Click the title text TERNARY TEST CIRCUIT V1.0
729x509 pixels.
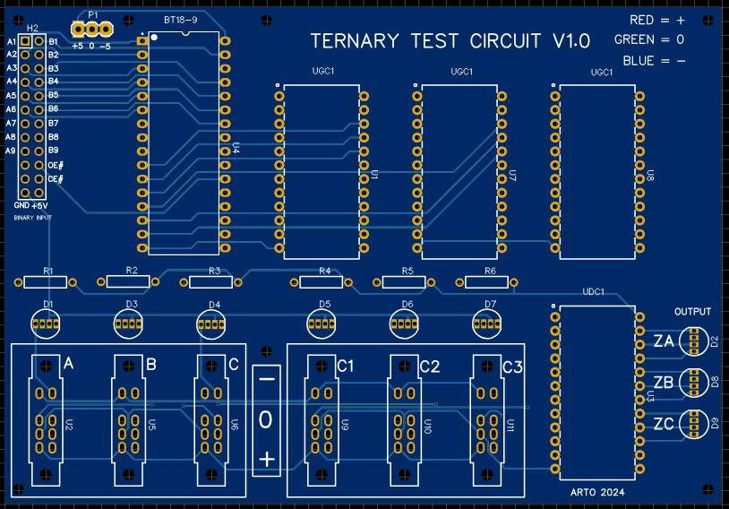450,41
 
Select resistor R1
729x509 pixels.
47,282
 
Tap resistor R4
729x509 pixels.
322,282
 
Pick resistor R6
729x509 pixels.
488,282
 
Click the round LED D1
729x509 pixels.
47,321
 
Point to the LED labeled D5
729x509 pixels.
324,321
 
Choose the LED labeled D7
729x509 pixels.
489,321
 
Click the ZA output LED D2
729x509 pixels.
693,341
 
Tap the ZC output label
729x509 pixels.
664,424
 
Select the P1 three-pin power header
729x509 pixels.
91,29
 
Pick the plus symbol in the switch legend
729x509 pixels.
266,459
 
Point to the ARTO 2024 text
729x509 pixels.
597,493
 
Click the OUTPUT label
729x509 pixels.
692,312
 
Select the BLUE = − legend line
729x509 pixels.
656,61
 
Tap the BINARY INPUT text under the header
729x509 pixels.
32,218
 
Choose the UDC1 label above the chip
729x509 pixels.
594,292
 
